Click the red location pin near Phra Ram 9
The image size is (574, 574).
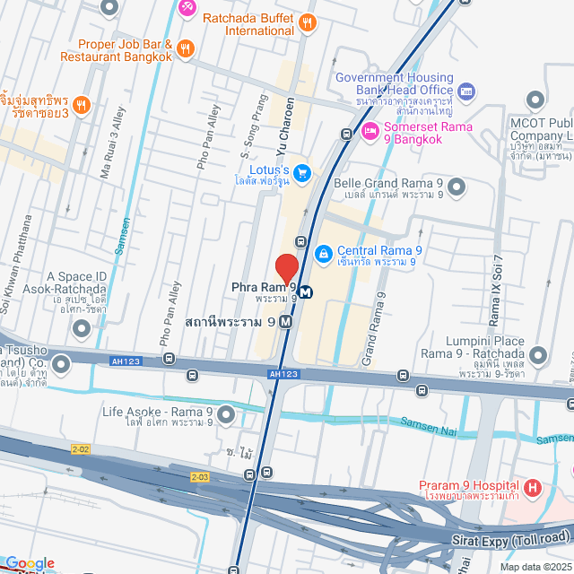(x=286, y=268)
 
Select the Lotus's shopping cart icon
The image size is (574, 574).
(x=303, y=171)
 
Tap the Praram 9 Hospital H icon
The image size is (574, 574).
(x=533, y=490)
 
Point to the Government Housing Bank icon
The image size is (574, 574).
(x=465, y=91)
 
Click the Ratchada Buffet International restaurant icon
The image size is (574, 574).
(x=308, y=22)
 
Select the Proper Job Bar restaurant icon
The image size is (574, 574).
(x=186, y=49)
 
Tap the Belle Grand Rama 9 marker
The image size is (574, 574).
(x=457, y=187)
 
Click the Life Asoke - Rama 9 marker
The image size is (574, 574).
(x=225, y=414)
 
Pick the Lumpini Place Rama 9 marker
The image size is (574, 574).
(x=538, y=356)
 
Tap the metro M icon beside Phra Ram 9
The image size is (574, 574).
(x=306, y=291)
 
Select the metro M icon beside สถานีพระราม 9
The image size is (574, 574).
(x=286, y=321)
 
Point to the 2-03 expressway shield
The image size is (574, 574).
(x=199, y=477)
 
